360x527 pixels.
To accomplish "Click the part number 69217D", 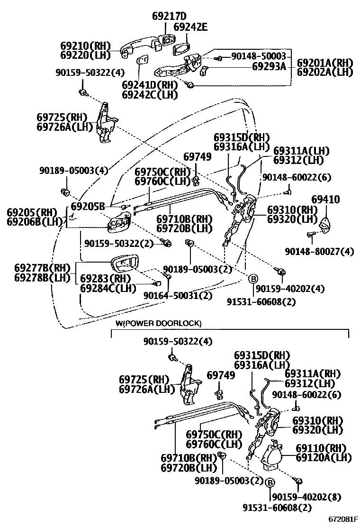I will click(x=169, y=16).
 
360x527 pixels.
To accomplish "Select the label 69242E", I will click(x=190, y=27).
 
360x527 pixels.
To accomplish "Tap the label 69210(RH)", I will click(x=85, y=46).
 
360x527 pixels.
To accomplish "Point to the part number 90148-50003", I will click(x=259, y=56).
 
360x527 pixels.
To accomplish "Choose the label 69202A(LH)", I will click(x=325, y=72).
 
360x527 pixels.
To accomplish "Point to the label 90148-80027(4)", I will click(x=320, y=251).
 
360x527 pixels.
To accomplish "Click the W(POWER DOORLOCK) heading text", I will click(x=158, y=323).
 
